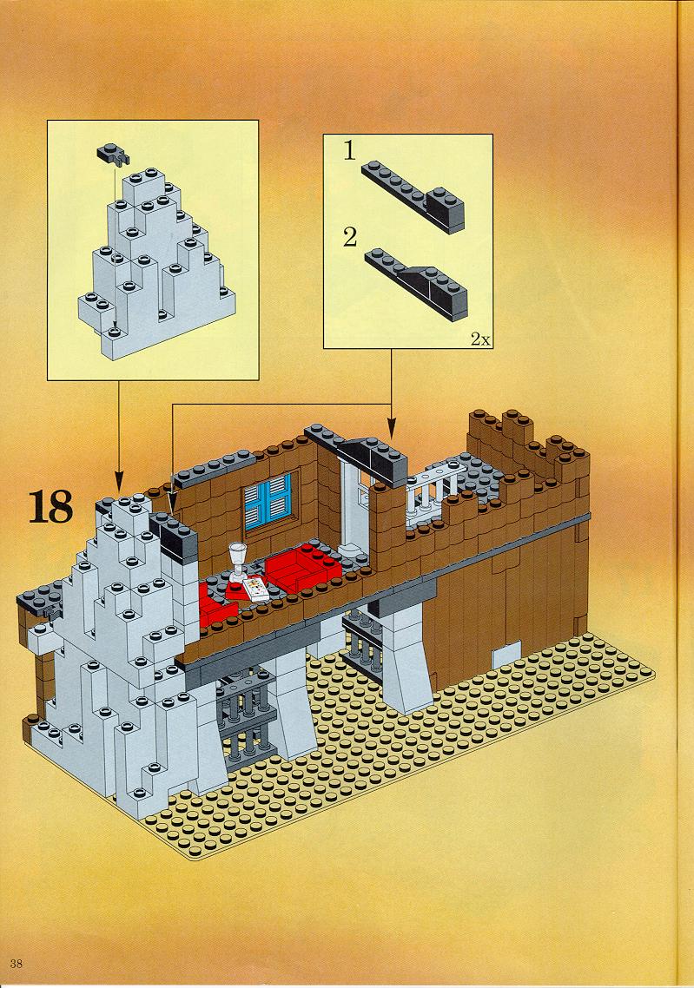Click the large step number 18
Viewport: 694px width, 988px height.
(x=51, y=508)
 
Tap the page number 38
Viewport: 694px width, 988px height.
(x=17, y=963)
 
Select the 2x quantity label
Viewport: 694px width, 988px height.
(x=479, y=339)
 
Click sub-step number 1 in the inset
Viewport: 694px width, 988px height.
(x=349, y=151)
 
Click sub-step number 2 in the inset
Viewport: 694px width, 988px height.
(x=350, y=238)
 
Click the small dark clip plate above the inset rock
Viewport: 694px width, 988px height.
(x=112, y=153)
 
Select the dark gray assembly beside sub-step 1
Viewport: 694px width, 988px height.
(x=413, y=195)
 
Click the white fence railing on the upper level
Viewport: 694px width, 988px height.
(x=433, y=490)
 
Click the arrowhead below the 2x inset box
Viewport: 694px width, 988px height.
(x=391, y=433)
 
